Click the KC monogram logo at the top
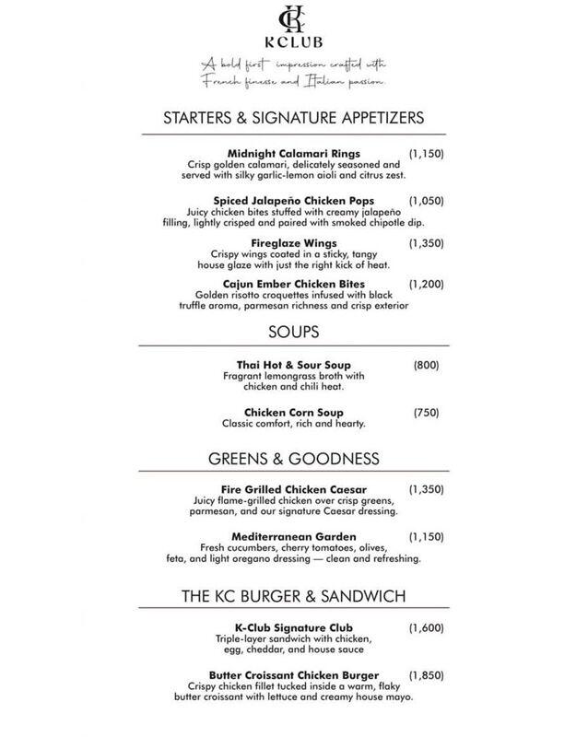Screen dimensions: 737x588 [294, 21]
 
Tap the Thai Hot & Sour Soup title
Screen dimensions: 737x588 [293, 365]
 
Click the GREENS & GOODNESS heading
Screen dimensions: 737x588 [293, 458]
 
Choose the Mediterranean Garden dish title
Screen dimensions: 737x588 [293, 537]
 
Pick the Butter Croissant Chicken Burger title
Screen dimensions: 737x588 [294, 675]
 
